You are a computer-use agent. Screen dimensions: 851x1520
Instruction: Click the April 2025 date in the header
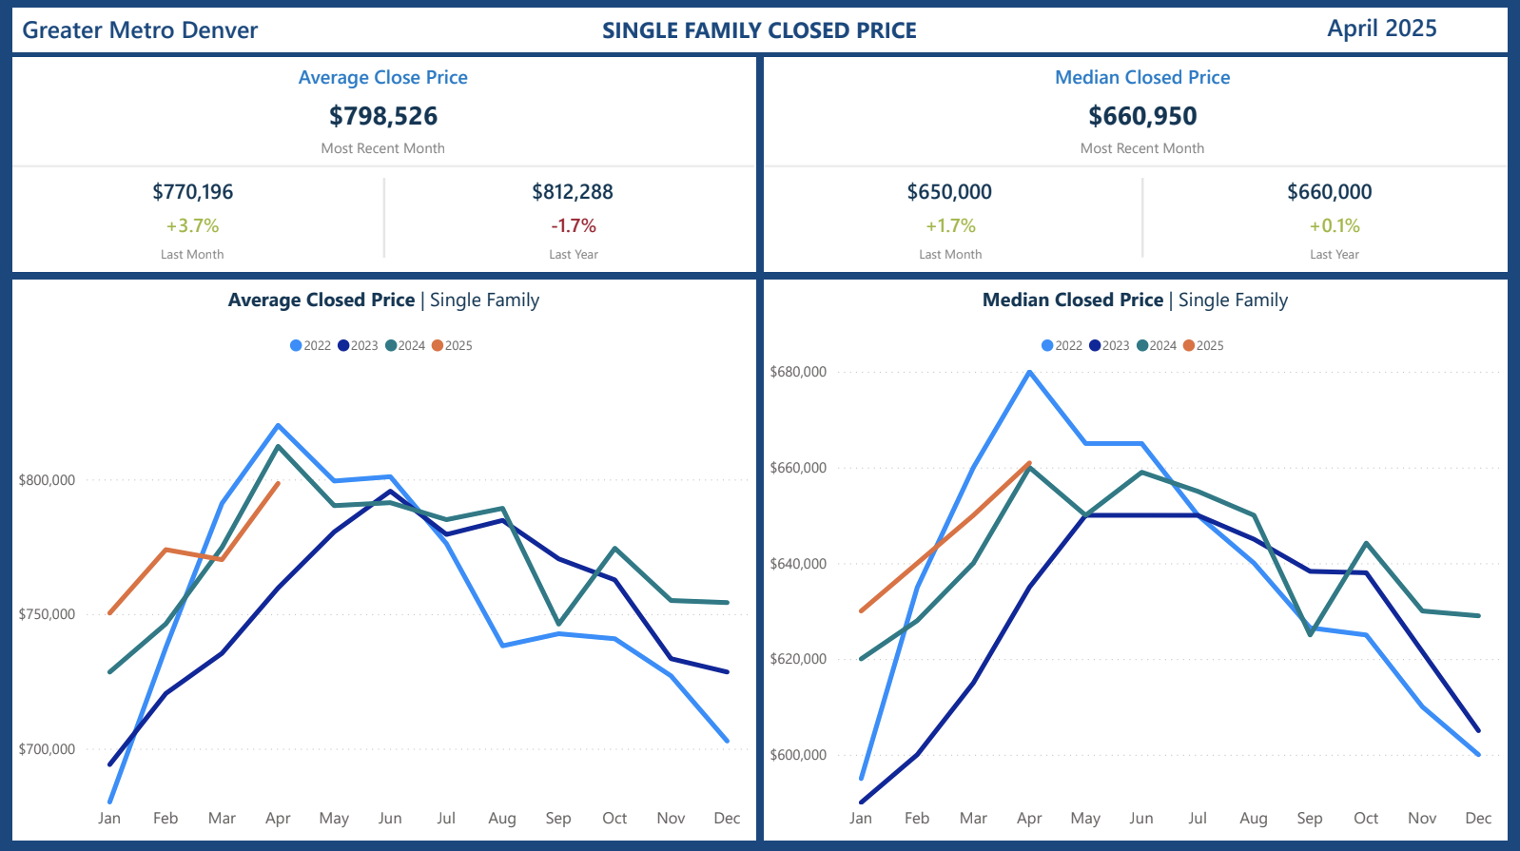pos(1381,29)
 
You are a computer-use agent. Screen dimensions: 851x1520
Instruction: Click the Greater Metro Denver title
pos(140,30)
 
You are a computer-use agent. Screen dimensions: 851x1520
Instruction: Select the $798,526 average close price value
pos(383,116)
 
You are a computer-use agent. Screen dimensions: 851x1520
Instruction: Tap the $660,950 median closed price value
pos(1142,116)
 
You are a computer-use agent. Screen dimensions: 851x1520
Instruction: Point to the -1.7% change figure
pos(574,226)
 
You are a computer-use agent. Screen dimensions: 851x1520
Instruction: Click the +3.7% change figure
pos(192,226)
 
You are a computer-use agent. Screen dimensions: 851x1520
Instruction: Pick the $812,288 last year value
pos(573,192)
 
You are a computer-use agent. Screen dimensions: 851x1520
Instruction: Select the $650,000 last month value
pos(949,192)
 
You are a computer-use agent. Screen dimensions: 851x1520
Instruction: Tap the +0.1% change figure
pos(1335,226)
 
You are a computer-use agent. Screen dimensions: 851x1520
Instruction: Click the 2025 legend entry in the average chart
pos(453,346)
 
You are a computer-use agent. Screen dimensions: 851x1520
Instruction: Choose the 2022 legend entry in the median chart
pos(1062,346)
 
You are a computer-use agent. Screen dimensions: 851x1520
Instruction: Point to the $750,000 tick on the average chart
pos(47,614)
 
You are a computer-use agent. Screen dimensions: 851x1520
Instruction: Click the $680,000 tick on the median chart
pos(798,372)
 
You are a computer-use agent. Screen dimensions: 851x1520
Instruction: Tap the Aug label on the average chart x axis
pos(502,819)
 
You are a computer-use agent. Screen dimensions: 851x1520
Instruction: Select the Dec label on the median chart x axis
pos(1478,819)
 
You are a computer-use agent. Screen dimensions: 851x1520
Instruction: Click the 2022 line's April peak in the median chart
pos(1029,372)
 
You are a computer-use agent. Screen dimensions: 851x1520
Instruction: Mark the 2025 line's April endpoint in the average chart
pos(278,483)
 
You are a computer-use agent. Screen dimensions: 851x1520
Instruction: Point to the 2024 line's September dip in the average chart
pos(558,625)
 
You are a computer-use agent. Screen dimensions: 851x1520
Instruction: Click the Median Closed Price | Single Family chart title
pos(1135,300)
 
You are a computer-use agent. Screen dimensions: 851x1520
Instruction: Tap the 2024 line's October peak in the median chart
pos(1366,543)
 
